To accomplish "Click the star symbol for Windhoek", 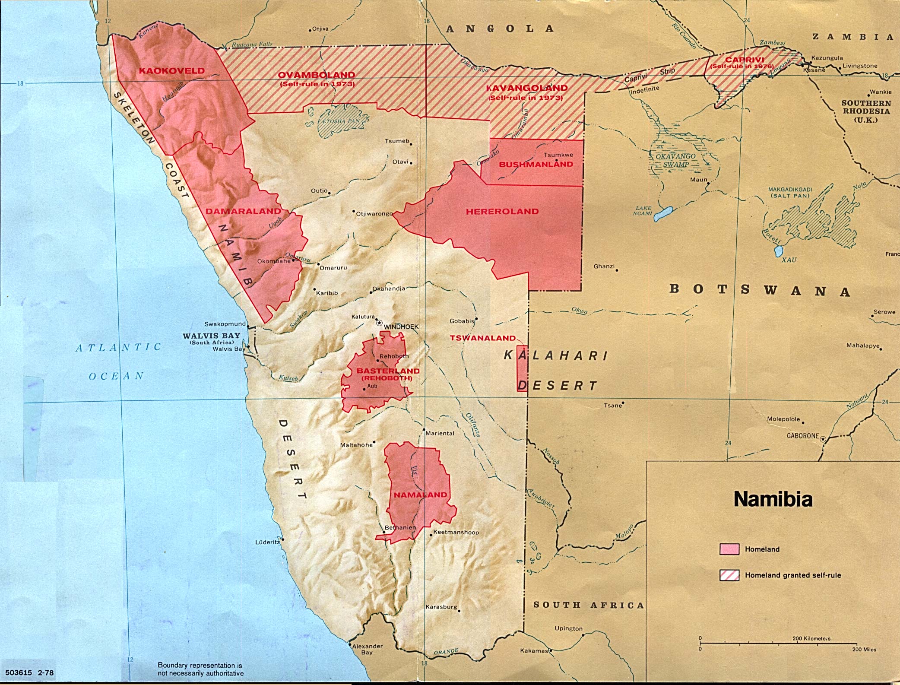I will point(379,323).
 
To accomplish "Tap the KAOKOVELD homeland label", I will point(171,71).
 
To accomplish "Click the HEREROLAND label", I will point(502,211).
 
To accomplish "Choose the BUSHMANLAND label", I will point(536,164).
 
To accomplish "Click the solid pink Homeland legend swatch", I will point(729,549).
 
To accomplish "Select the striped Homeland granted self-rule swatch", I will point(729,575).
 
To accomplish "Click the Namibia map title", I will point(773,499).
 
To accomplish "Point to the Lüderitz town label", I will point(267,542).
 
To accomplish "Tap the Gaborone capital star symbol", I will point(823,439).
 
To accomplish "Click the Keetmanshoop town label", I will point(456,532).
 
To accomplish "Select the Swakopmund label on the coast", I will point(225,324).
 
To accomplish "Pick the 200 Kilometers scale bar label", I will point(811,638).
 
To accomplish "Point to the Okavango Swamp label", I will point(676,160).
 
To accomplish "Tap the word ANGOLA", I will point(500,29).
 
